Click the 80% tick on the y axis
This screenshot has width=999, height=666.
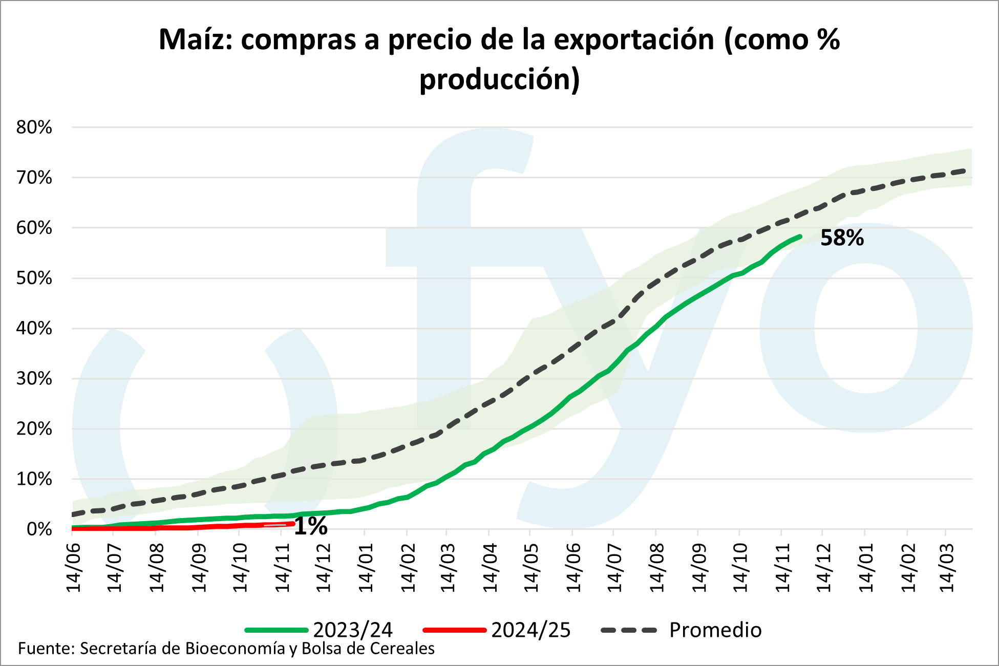[34, 127]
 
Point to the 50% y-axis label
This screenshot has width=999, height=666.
[34, 278]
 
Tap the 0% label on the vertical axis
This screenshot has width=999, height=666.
[39, 529]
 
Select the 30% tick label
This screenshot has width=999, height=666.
[34, 379]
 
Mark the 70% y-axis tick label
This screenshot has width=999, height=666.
[34, 178]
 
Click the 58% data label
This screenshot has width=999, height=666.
[842, 239]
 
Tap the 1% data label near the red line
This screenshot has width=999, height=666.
[311, 526]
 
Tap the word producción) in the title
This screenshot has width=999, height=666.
[499, 80]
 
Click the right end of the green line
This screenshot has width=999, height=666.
[800, 236]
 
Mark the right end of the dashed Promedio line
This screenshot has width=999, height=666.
[965, 170]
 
